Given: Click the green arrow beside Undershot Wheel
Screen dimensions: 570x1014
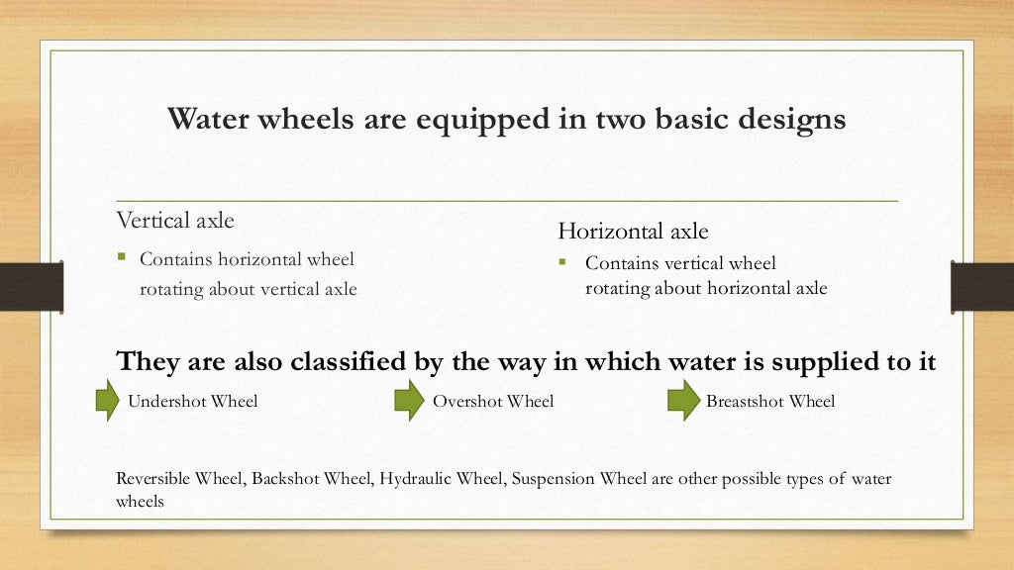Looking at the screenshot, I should click(x=107, y=401).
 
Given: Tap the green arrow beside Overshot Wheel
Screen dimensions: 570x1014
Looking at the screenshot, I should click(x=409, y=401).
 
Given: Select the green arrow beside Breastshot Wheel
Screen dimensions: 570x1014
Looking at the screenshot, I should click(x=682, y=401).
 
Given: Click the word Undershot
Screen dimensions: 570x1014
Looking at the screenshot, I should click(x=164, y=401).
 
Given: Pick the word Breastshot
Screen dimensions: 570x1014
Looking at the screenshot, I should click(x=745, y=401).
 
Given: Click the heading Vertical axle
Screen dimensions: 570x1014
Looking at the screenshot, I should click(x=175, y=219).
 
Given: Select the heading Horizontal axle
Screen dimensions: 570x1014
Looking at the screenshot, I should click(x=633, y=232).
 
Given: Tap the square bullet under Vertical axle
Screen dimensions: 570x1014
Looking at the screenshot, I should click(x=122, y=258).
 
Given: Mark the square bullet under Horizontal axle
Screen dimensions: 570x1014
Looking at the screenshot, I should click(x=561, y=262).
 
